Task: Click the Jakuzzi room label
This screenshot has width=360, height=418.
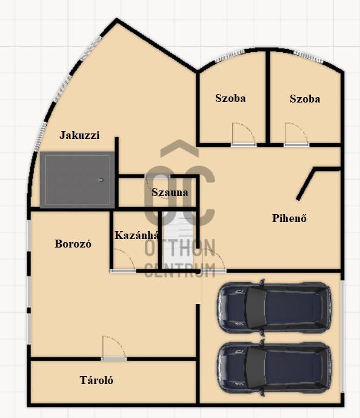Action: [x=79, y=135]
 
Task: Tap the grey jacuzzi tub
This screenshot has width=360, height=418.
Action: [x=78, y=180]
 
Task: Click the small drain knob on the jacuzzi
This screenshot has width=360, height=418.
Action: [x=101, y=180]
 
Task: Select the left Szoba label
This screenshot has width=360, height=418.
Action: [x=230, y=98]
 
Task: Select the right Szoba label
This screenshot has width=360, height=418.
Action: [x=305, y=99]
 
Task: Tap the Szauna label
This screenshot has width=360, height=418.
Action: [x=170, y=192]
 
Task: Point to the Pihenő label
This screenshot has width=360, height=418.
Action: [x=290, y=218]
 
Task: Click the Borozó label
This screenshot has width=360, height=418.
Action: [x=73, y=244]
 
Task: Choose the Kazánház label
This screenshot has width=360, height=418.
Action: [x=136, y=235]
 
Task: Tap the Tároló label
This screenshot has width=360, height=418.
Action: [x=96, y=380]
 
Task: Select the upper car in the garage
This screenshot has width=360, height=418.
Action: [x=275, y=307]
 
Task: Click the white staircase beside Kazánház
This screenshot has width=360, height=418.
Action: [x=178, y=237]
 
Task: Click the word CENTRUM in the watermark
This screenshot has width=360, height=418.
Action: [x=180, y=269]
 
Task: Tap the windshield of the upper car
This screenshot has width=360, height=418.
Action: [x=256, y=307]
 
